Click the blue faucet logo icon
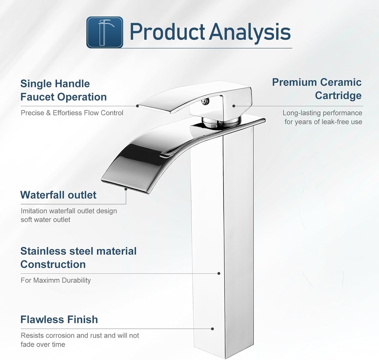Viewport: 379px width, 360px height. pyautogui.click(x=105, y=32)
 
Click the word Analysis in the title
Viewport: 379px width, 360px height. pyautogui.click(x=250, y=32)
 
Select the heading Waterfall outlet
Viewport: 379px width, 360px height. pyautogui.click(x=58, y=195)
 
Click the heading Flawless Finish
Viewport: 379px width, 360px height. pyautogui.click(x=59, y=319)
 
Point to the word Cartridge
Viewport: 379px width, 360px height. pyautogui.click(x=338, y=96)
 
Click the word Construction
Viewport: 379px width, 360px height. pyautogui.click(x=53, y=264)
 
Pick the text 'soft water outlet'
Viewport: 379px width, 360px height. pyautogui.click(x=46, y=220)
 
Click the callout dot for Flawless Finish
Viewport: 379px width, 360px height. pyautogui.click(x=213, y=329)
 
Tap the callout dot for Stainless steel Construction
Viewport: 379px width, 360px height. pyautogui.click(x=219, y=273)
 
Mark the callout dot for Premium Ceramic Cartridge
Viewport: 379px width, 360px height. pyautogui.click(x=234, y=106)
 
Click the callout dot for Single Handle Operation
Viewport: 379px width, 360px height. pyautogui.click(x=137, y=106)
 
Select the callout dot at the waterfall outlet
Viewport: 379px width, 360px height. pyautogui.click(x=126, y=189)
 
